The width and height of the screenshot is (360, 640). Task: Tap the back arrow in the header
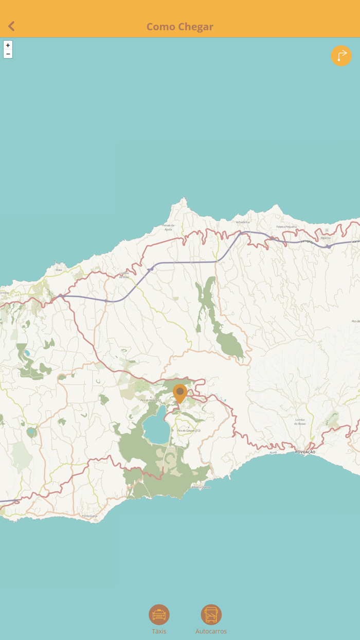[x=11, y=26]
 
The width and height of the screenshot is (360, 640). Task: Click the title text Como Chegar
[x=180, y=27]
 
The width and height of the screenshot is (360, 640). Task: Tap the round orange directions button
[x=341, y=56]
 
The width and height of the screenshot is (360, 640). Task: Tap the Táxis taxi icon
[x=159, y=615]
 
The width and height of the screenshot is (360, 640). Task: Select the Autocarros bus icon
[x=211, y=615]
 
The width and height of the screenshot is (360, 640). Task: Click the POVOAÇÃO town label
[x=305, y=452]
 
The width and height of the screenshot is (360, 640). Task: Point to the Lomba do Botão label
[x=300, y=421]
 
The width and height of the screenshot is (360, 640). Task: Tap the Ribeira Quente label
[x=201, y=487]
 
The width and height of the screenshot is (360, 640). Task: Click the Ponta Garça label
[x=89, y=515]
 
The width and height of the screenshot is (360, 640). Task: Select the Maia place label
[x=59, y=269]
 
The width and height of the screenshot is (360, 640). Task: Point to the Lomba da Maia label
[x=124, y=275]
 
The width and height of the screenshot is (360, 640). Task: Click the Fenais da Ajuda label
[x=169, y=227]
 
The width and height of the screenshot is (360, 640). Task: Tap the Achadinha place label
[x=243, y=222]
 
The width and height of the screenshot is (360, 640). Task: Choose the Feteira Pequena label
[x=286, y=226]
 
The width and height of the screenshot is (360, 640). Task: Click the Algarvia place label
[x=326, y=238]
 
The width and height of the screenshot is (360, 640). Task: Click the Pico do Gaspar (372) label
[x=188, y=430]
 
